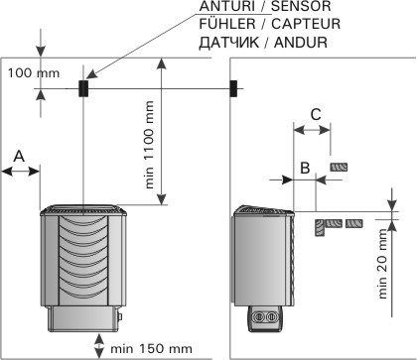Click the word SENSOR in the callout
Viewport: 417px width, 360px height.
[x=301, y=6]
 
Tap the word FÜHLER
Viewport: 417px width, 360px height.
[x=227, y=24]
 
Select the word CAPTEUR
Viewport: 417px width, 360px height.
[x=306, y=24]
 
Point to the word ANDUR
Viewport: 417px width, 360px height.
[x=301, y=43]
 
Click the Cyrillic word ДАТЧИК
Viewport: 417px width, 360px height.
[x=229, y=43]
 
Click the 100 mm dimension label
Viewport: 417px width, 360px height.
[x=34, y=73]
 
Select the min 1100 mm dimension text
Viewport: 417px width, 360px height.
[x=149, y=145]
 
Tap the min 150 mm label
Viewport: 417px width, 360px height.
[x=151, y=348]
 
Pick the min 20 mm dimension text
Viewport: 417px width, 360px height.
[x=382, y=264]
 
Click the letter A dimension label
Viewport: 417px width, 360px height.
[x=19, y=156]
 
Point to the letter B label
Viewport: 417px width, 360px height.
[x=305, y=168]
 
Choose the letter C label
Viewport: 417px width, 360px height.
[x=316, y=115]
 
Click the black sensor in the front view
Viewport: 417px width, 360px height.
[x=83, y=88]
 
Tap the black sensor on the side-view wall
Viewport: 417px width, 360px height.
[x=233, y=88]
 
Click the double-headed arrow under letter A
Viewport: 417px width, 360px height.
[x=21, y=172]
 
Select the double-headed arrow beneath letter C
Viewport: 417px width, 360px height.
[x=312, y=130]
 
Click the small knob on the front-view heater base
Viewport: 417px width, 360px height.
[x=120, y=316]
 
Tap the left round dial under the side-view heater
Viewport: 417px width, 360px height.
[x=258, y=316]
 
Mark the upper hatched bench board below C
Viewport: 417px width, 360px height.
[x=339, y=167]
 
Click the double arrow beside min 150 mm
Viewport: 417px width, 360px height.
[x=98, y=345]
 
